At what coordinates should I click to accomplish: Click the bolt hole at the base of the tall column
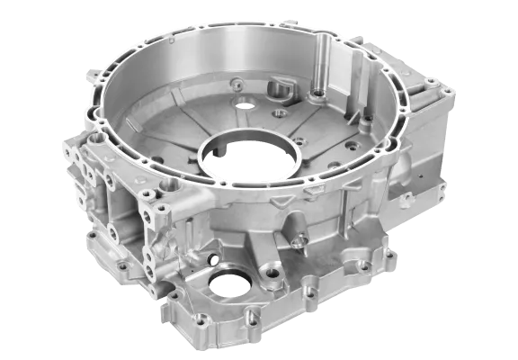317,94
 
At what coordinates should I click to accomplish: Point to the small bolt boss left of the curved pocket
237,86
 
